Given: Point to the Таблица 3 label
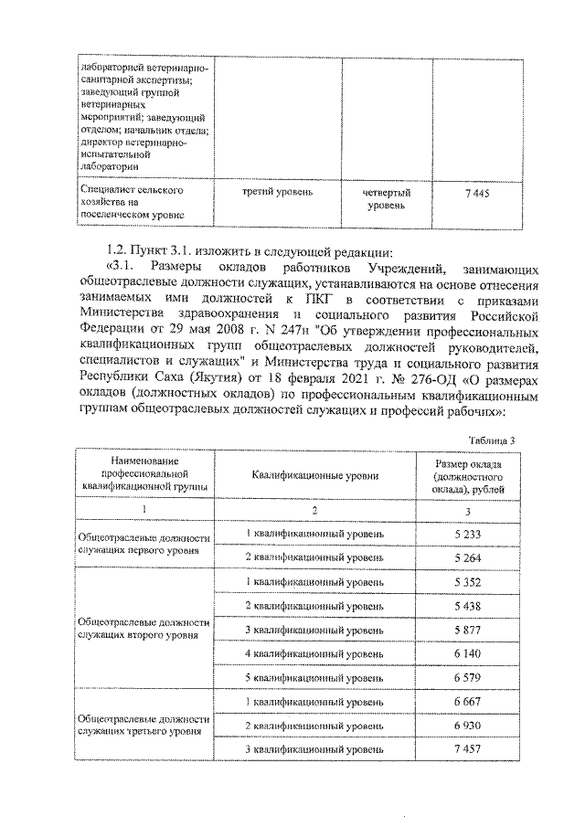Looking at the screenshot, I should point(492,440).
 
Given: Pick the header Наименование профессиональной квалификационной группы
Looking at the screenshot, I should point(145,476).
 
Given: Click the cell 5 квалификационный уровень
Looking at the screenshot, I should point(314,678).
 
